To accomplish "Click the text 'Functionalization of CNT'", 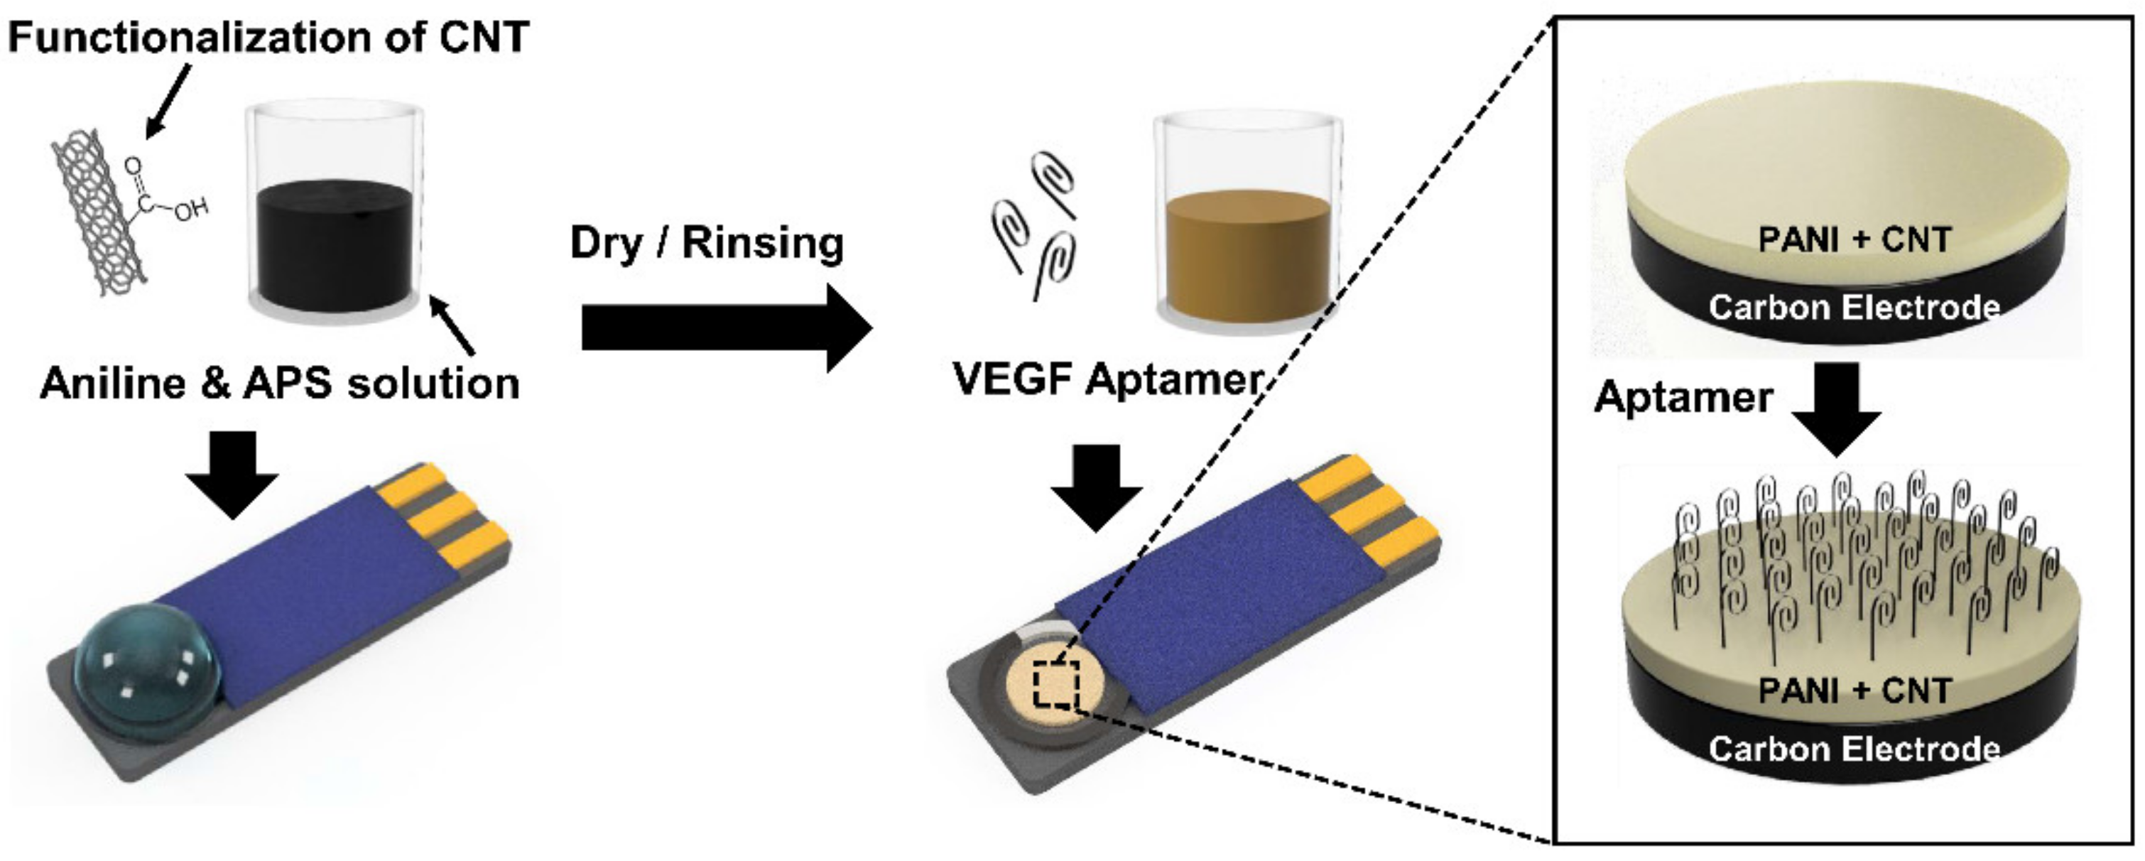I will point(268,38).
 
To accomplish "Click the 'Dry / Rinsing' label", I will point(706,243).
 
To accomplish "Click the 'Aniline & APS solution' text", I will point(280,384).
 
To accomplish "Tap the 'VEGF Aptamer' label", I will point(1107,379).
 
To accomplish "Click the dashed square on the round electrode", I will point(1056,686).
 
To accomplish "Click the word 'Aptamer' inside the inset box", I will point(1682,397).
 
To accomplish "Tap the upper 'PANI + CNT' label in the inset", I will point(1854,240).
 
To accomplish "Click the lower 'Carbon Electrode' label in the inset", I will point(1854,749).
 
